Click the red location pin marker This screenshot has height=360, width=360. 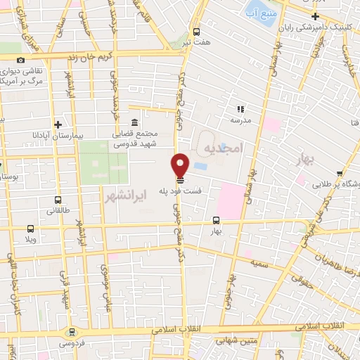(180, 165)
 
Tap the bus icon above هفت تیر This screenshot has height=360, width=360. (195, 32)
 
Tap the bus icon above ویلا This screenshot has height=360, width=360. (30, 229)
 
